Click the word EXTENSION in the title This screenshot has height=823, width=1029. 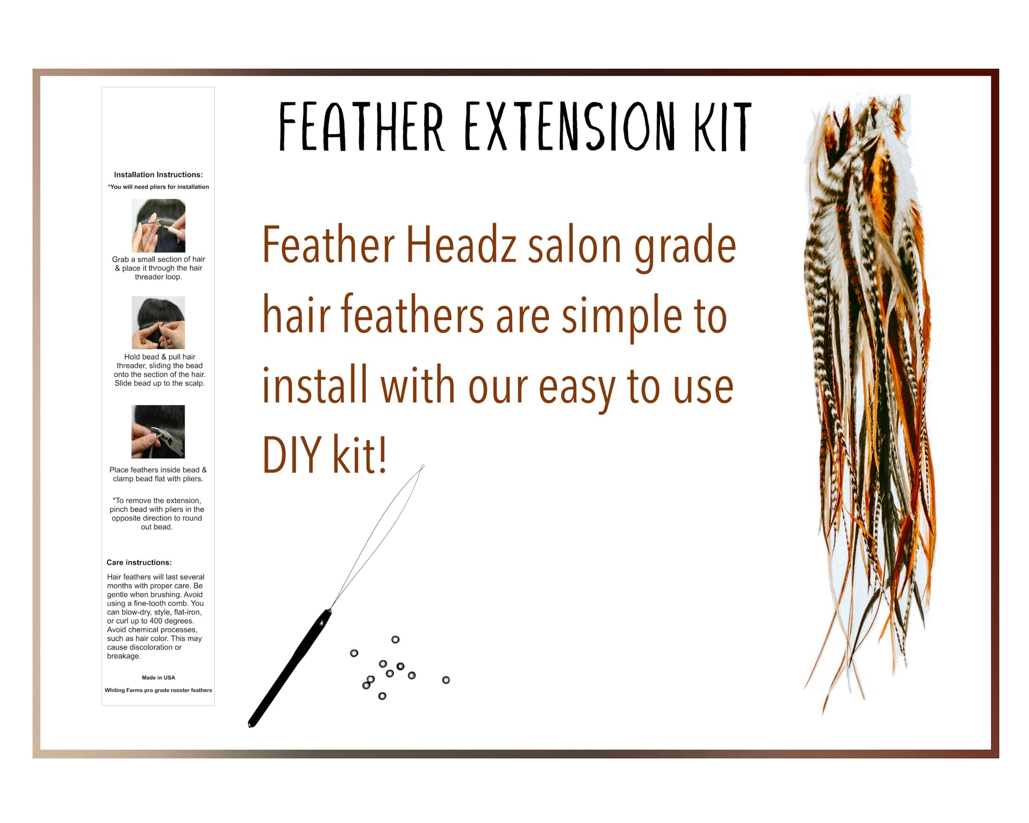click(570, 126)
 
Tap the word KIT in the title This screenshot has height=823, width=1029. click(723, 126)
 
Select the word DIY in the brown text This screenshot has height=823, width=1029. click(291, 455)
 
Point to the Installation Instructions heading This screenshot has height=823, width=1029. click(158, 174)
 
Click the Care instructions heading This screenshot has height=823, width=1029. click(139, 562)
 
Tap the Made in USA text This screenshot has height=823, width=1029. click(158, 678)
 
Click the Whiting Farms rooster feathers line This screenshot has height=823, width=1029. click(158, 690)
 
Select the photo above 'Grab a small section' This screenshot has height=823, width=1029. click(158, 226)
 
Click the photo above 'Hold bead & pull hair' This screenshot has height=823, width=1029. click(158, 322)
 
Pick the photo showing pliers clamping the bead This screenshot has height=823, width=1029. click(158, 431)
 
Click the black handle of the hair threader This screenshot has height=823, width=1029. click(290, 668)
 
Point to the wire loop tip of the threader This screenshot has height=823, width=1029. click(422, 467)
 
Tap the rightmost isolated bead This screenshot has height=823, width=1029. click(446, 680)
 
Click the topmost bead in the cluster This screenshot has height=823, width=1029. click(395, 640)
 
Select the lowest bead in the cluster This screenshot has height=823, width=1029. click(382, 696)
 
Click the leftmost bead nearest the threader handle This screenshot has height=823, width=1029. click(354, 653)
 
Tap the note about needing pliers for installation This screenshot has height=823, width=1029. click(158, 187)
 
